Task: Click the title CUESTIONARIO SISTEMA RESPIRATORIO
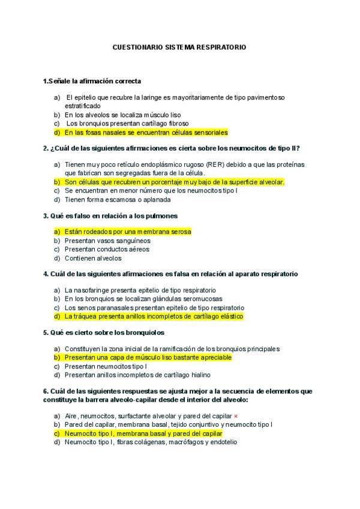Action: tap(179, 46)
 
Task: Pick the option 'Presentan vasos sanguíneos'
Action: tap(107, 241)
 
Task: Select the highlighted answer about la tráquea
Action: tap(153, 316)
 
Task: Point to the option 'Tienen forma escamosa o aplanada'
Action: tap(118, 199)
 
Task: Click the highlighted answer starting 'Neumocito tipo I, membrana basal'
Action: tap(143, 433)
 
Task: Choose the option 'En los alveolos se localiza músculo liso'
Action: tap(122, 115)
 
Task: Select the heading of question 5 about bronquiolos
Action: tap(108, 332)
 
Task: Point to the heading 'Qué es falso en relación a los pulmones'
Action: tap(110, 215)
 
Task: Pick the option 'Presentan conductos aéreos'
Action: tap(107, 249)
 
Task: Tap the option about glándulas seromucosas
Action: tap(143, 298)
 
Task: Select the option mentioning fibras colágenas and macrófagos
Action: tap(151, 442)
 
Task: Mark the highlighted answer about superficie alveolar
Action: tap(174, 182)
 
